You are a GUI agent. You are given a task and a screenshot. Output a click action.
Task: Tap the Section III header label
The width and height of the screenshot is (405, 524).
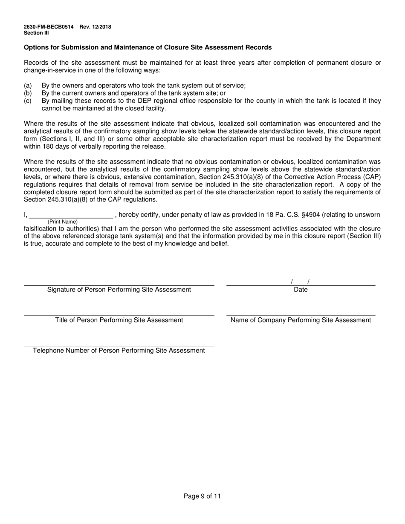36,33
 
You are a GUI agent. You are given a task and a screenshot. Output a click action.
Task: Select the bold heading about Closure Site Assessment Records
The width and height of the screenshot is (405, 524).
148,47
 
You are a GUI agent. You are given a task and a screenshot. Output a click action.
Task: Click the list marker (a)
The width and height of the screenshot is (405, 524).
28,86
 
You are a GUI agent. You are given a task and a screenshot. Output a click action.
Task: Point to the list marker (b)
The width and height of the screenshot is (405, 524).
28,93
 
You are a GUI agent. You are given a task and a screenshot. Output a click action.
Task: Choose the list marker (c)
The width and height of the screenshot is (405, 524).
28,101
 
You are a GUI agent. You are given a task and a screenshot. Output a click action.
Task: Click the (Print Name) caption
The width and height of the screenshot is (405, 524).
63,222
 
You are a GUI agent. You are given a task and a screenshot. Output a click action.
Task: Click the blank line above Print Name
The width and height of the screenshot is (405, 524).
71,216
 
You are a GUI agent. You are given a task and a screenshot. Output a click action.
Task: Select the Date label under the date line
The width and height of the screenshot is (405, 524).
301,290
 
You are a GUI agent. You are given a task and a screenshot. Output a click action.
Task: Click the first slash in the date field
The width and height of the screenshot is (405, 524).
292,282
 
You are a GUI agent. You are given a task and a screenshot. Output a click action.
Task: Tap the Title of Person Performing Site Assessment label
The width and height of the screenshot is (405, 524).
119,320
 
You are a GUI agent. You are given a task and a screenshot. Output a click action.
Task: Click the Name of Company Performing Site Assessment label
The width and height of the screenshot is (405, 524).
301,320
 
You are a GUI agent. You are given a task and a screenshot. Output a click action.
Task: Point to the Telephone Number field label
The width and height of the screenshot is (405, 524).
119,351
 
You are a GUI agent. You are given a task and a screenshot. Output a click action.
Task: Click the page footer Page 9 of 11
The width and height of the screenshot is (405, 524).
202,496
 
